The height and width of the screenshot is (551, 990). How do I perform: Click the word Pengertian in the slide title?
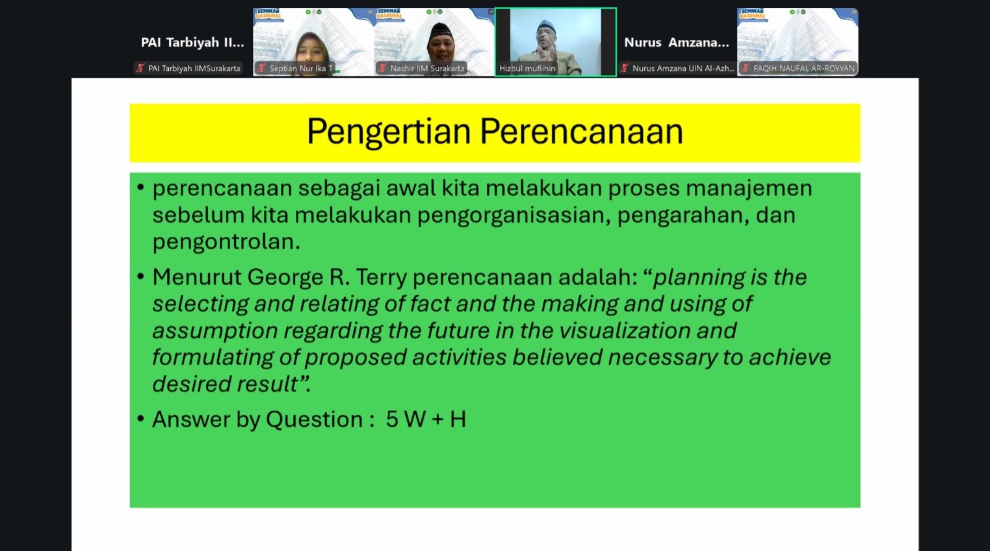point(389,132)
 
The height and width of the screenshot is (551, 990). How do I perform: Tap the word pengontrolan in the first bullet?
point(226,242)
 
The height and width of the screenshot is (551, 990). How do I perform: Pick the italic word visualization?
point(624,330)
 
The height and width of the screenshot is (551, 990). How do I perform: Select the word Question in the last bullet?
point(314,419)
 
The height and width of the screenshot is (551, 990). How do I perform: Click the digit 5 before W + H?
point(392,419)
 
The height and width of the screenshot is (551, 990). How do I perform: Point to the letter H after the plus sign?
point(458,419)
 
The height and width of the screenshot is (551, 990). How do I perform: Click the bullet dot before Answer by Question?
point(140,418)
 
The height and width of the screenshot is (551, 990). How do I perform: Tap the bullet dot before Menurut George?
point(140,276)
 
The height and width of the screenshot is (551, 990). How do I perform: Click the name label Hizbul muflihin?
point(527,69)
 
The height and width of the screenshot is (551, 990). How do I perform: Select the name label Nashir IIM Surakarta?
point(428,69)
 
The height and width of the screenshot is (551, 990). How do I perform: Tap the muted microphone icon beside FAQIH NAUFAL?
point(746,68)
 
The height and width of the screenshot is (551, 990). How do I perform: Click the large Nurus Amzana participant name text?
point(676,43)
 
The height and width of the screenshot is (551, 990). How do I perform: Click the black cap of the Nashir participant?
point(440,30)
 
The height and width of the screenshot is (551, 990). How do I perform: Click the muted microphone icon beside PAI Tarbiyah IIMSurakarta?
point(140,68)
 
